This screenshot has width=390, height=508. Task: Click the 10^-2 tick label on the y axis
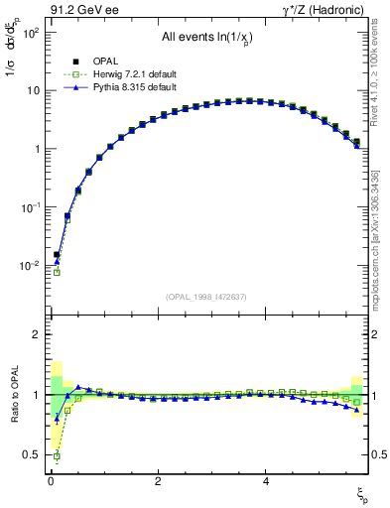click(x=30, y=266)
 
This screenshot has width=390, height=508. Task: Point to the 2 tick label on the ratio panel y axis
click(x=35, y=335)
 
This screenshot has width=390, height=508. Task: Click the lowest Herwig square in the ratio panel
click(x=57, y=456)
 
